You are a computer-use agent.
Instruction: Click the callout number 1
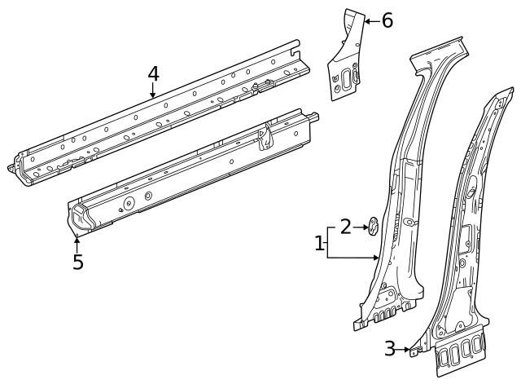click(x=319, y=243)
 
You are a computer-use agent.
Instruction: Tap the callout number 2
click(x=346, y=227)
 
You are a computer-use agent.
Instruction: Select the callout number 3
click(x=391, y=349)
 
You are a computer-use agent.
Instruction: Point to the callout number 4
click(x=153, y=73)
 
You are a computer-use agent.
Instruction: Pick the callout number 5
click(x=77, y=263)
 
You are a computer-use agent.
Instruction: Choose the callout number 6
click(x=387, y=20)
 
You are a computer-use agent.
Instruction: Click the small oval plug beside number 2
click(x=373, y=226)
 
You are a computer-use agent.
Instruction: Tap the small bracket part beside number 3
click(x=414, y=351)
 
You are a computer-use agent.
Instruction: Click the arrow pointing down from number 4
click(x=153, y=91)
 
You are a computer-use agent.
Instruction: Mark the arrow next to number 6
click(x=370, y=20)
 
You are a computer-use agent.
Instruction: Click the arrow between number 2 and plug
click(x=361, y=227)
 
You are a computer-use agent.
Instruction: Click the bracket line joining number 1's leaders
click(x=328, y=243)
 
